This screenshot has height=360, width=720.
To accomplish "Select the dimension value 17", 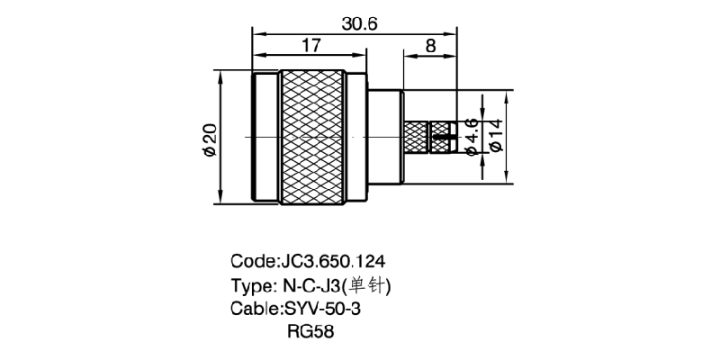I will (312, 46).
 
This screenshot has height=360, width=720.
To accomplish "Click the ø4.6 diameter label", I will (471, 137).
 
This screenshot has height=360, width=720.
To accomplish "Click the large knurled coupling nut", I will (312, 137).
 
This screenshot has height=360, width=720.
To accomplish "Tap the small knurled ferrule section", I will (415, 138).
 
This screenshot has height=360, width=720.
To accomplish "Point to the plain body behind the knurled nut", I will (385, 137).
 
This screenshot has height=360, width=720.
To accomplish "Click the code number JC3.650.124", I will (334, 263).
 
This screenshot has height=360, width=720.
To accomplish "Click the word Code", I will (249, 263).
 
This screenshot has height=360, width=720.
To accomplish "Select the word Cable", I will (253, 310).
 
